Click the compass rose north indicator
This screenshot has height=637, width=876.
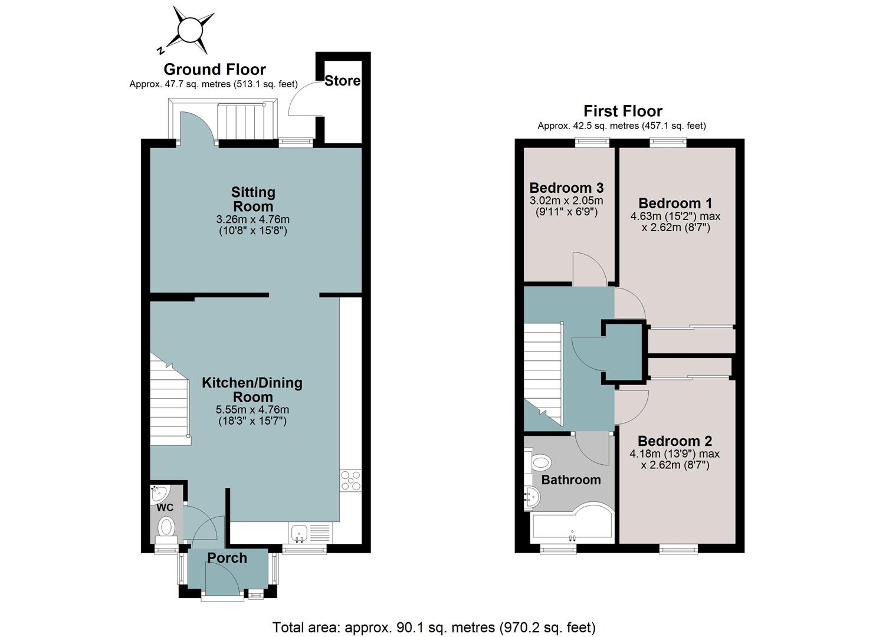point(160,50)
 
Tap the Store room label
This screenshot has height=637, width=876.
point(342,81)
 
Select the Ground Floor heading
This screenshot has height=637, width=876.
point(215,69)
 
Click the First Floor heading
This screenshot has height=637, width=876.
point(623,111)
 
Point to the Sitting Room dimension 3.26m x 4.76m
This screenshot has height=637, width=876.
point(253,219)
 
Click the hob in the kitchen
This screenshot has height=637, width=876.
point(351,481)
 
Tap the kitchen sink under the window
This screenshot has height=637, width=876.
point(300,533)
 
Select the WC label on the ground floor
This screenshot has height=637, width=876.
point(165,508)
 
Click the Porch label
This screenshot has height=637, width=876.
point(227,557)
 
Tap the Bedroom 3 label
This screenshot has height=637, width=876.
point(566,188)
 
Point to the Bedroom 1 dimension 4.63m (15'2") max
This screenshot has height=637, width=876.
point(675,216)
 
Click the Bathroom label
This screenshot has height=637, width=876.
point(571,480)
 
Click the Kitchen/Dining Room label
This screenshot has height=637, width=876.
point(252,389)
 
